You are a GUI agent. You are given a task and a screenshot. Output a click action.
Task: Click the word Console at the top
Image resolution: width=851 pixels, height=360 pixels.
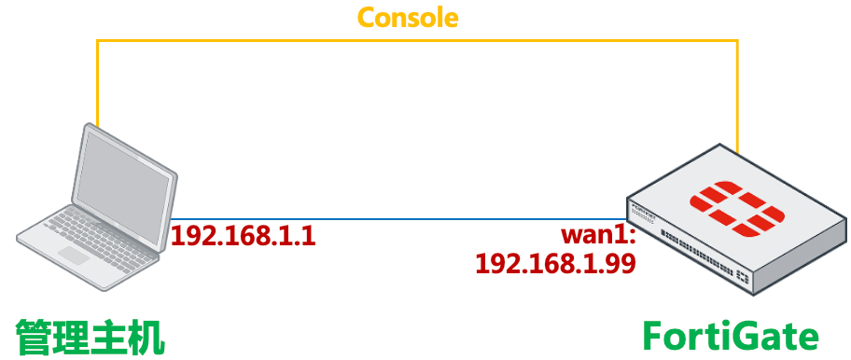[409, 17]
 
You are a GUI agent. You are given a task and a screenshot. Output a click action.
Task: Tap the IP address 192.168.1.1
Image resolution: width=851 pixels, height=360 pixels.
[244, 235]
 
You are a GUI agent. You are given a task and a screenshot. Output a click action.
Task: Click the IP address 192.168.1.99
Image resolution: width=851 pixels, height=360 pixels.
[555, 264]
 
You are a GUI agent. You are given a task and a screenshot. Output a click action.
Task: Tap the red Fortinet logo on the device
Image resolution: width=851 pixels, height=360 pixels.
[735, 208]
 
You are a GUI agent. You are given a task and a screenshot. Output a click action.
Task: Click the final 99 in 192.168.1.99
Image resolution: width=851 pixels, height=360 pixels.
[620, 264]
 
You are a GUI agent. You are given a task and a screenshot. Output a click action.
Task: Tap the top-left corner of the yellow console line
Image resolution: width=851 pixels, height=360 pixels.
[97, 40]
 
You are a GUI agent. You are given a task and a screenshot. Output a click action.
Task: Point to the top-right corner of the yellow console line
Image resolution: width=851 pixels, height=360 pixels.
[737, 40]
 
